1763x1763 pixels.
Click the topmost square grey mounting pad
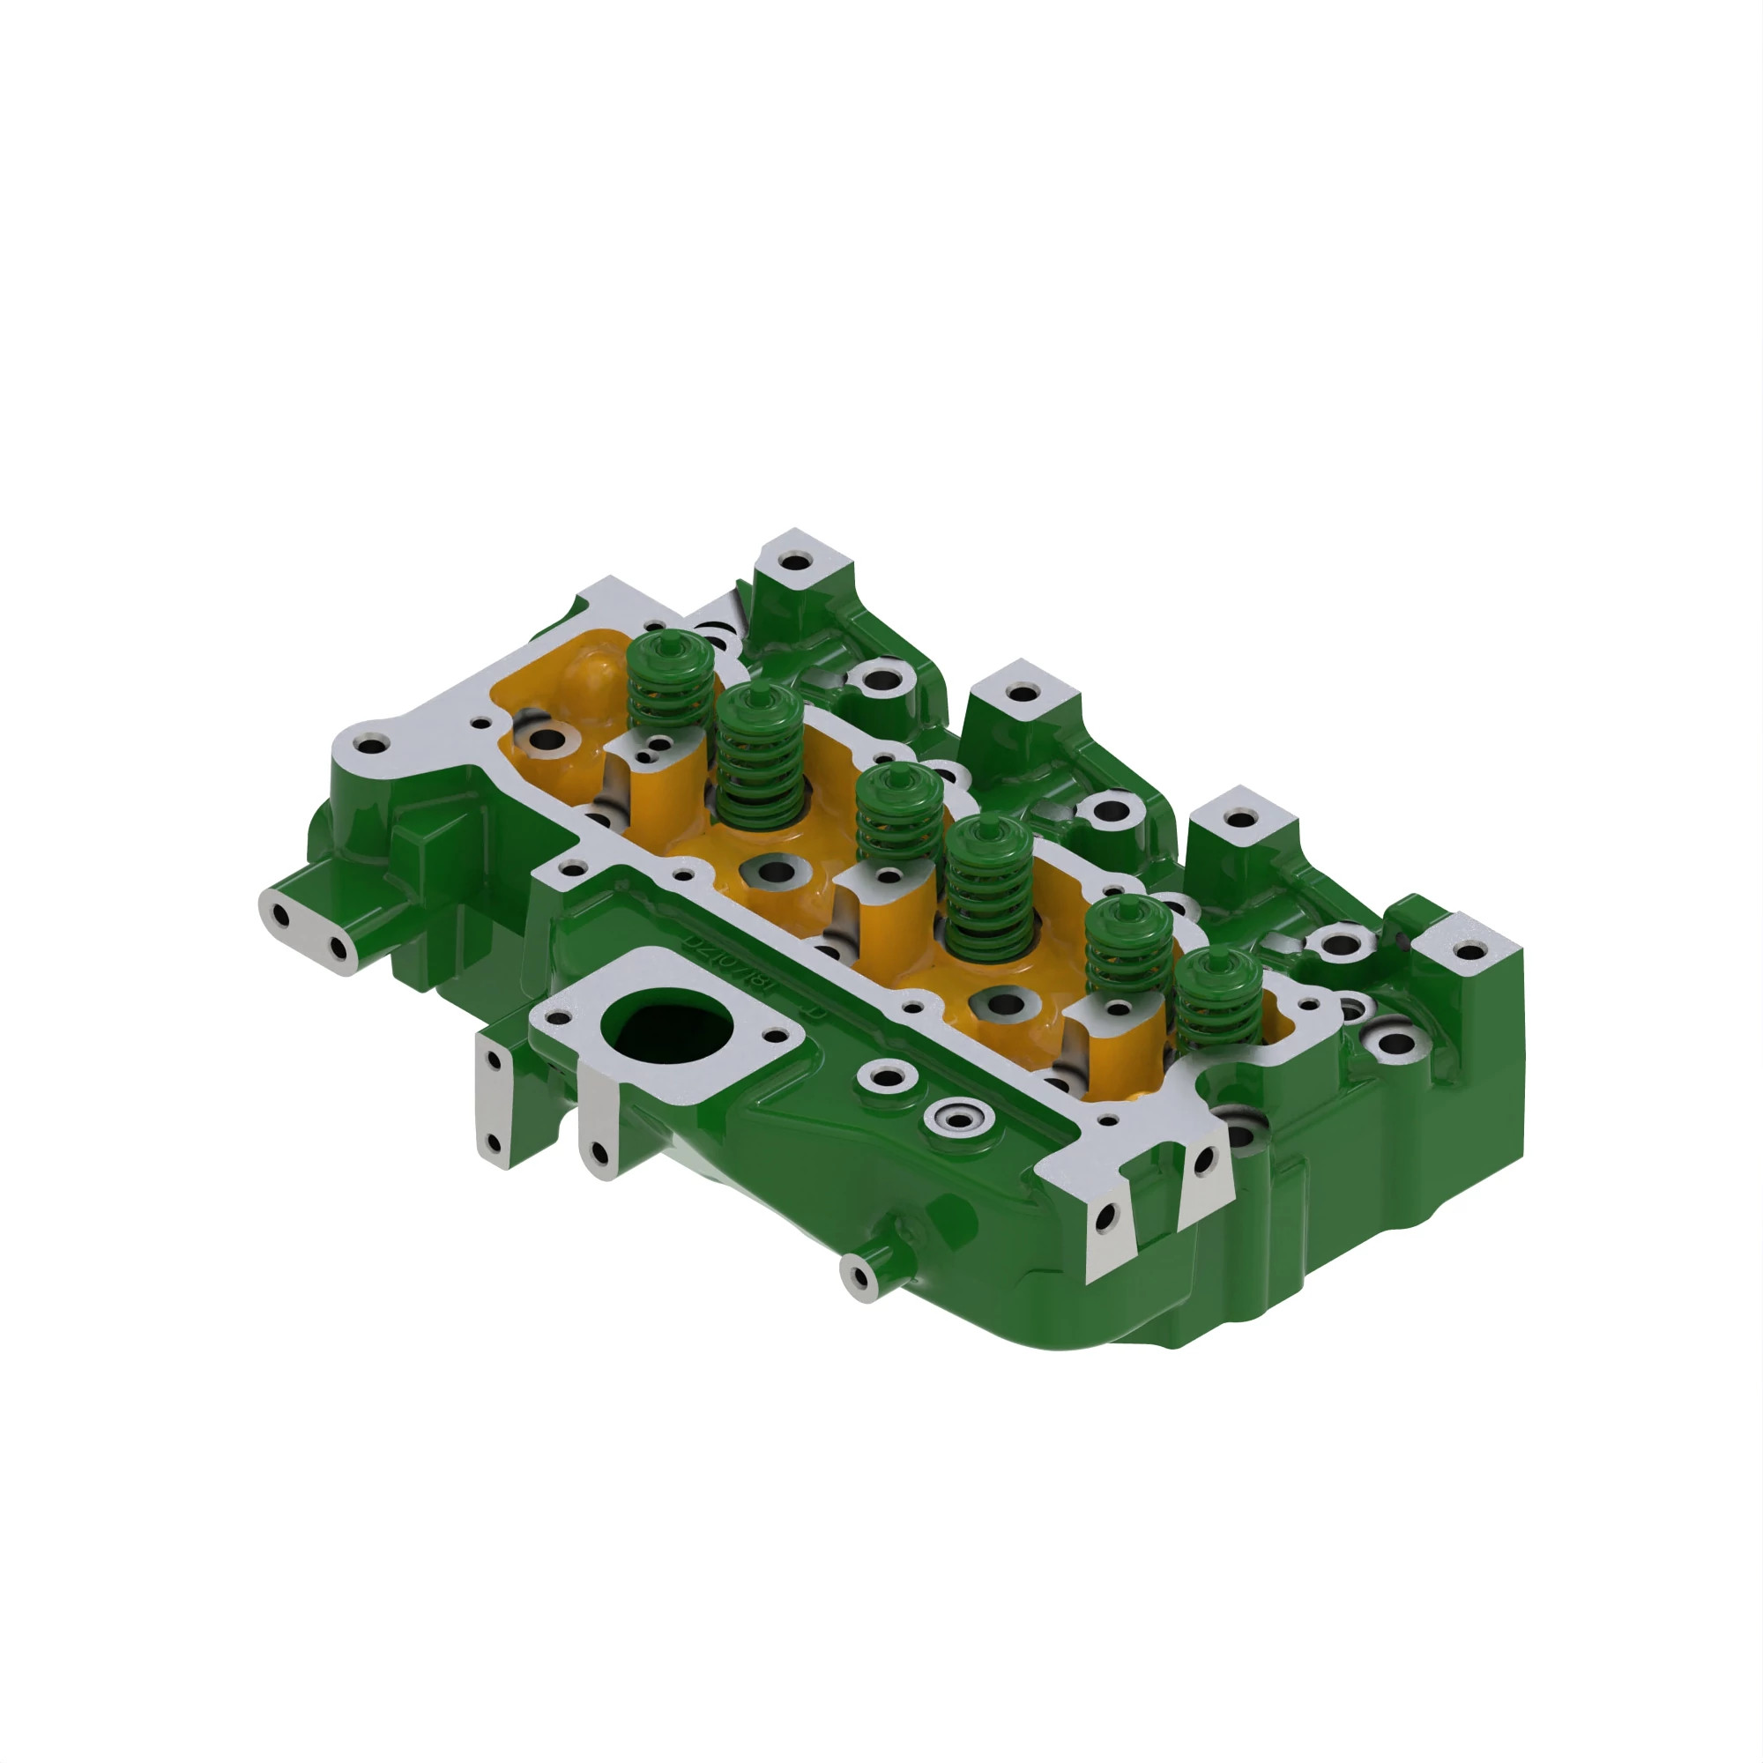797,560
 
